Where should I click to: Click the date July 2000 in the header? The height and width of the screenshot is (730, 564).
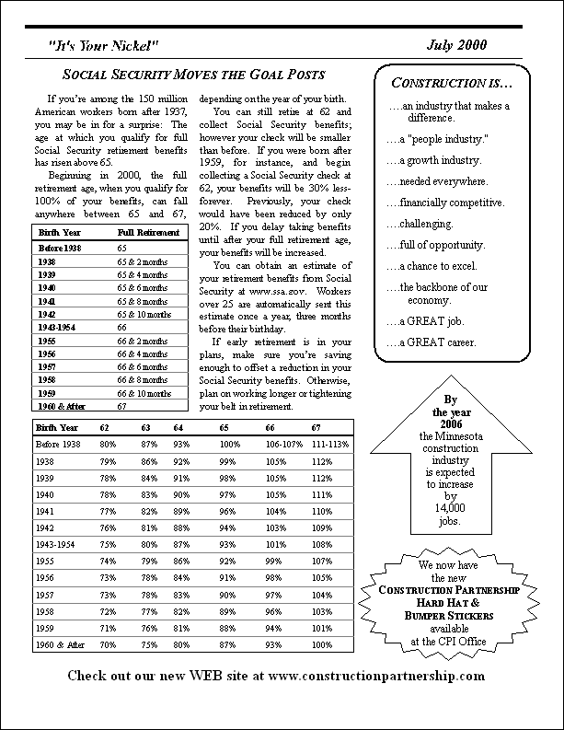click(455, 45)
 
